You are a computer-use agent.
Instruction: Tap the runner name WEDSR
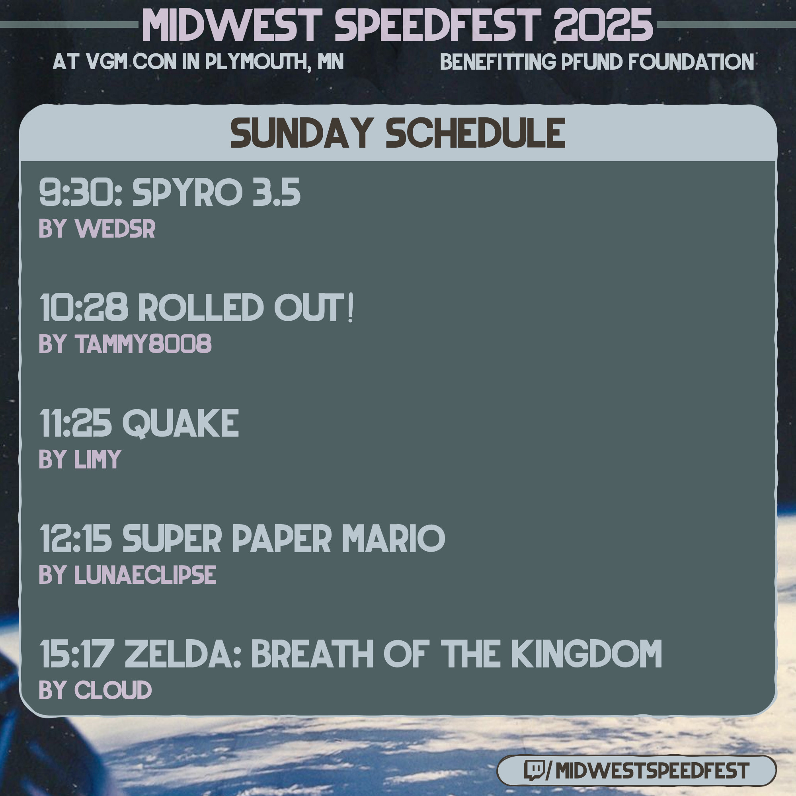coord(115,229)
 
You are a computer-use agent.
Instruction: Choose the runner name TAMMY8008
coord(143,343)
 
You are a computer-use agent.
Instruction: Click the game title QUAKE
coord(180,423)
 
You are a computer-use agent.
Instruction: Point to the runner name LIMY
coord(98,459)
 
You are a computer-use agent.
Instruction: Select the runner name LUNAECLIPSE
coord(145,574)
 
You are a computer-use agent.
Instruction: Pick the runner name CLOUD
coord(113,690)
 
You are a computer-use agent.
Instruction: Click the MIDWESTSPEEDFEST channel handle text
coord(652,771)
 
